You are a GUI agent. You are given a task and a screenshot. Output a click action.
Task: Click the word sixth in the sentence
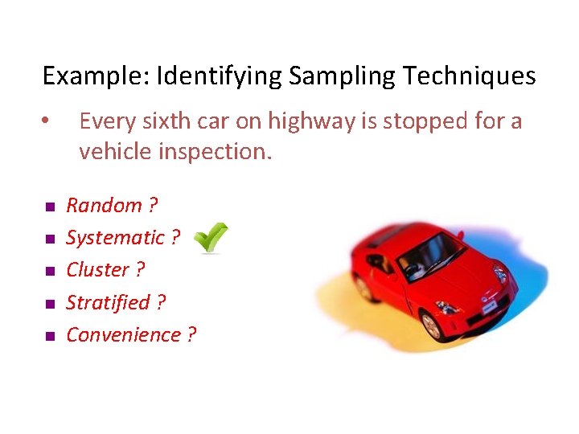(161, 121)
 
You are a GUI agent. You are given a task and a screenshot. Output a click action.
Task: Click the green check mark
(211, 238)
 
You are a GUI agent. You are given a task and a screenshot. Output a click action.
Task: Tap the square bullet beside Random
(49, 207)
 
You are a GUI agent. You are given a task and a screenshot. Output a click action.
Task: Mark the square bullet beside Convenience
(49, 336)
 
